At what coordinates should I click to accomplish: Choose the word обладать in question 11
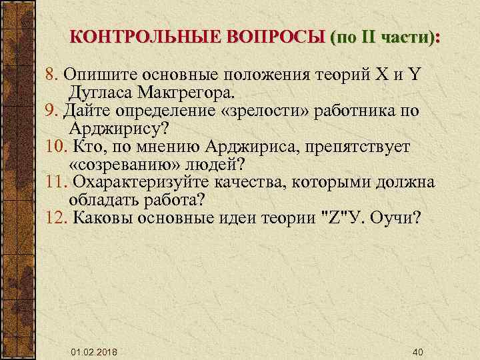[101, 199]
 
